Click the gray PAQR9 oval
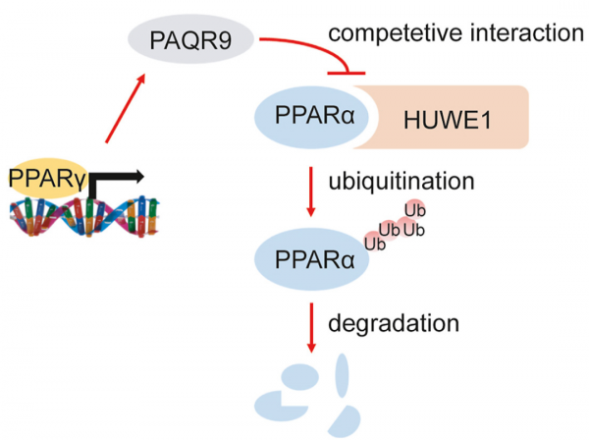click(190, 40)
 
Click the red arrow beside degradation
click(312, 329)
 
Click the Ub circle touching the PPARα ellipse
click(373, 244)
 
